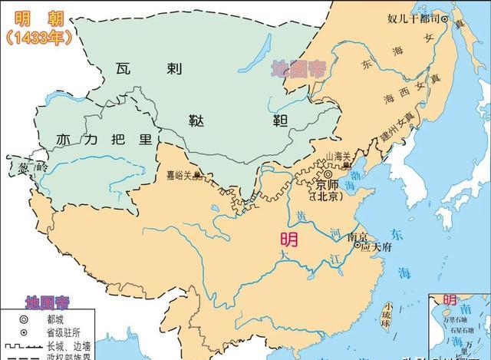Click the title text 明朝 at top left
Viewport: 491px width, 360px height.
point(35,15)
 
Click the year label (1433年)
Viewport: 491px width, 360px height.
point(36,35)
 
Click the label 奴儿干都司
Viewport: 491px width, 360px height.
point(413,18)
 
